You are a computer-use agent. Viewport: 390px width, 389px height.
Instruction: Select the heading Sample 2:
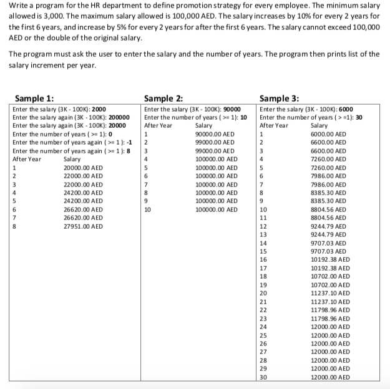(163, 98)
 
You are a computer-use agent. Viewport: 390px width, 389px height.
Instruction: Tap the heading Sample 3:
(279, 98)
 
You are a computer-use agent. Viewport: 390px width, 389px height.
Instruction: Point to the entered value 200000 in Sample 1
(119, 117)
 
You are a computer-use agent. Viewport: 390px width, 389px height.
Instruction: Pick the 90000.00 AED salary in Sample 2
(215, 133)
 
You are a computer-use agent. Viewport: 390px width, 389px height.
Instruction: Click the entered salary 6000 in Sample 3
(346, 108)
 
